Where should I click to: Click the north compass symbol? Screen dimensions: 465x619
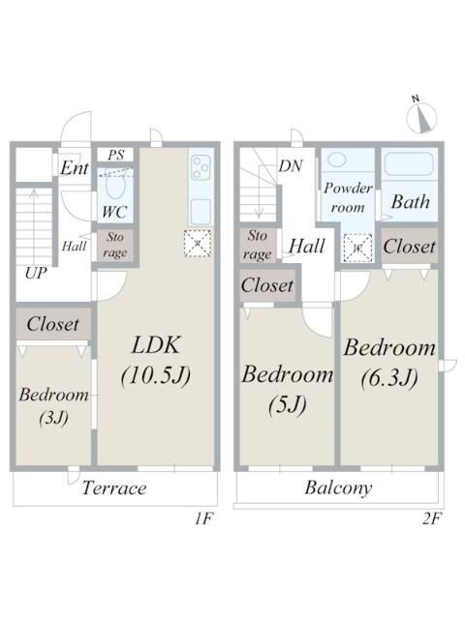click(x=422, y=117)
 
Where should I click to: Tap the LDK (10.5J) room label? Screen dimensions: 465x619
click(x=156, y=360)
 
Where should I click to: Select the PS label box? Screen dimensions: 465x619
click(x=115, y=155)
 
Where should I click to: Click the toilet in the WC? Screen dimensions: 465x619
click(x=115, y=185)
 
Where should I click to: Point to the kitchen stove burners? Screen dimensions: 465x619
click(x=201, y=167)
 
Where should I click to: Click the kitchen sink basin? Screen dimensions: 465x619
click(x=201, y=211)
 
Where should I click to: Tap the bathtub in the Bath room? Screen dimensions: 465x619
click(x=411, y=163)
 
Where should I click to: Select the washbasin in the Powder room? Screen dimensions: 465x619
click(x=337, y=160)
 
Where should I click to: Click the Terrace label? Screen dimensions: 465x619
click(x=114, y=488)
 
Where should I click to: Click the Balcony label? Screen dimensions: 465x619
click(x=338, y=487)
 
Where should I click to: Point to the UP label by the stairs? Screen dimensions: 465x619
click(x=36, y=273)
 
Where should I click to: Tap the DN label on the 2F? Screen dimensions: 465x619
click(x=291, y=166)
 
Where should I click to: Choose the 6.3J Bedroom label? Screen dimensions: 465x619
click(x=389, y=363)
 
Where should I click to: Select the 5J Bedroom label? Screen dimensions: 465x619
click(x=287, y=389)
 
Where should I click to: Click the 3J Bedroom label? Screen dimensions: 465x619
click(x=54, y=406)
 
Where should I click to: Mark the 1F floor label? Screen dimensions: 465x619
click(x=203, y=518)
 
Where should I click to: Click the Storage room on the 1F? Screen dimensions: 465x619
click(x=115, y=245)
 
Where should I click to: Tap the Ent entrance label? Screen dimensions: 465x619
click(x=74, y=168)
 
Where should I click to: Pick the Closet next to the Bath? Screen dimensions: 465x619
click(x=410, y=247)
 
